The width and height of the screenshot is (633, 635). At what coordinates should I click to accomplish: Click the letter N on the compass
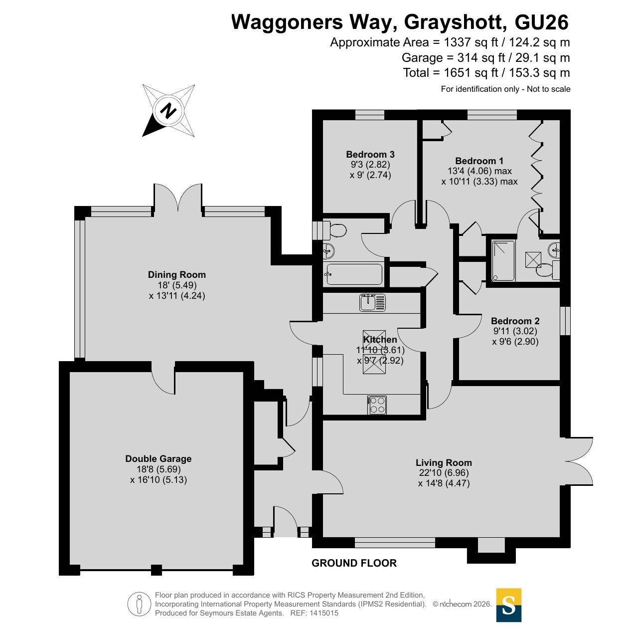(168, 111)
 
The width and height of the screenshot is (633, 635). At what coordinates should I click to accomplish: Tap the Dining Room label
(176, 274)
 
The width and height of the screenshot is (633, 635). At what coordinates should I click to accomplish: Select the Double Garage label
(158, 459)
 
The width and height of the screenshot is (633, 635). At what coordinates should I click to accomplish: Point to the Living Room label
(444, 462)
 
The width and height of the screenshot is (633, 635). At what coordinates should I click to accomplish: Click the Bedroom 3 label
(370, 154)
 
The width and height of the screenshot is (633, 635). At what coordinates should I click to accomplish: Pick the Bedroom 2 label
(515, 321)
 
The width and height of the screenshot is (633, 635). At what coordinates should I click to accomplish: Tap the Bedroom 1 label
(479, 161)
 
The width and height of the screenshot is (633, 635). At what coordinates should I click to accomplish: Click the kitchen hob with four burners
(377, 405)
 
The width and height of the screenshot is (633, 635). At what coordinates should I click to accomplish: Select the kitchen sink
(372, 302)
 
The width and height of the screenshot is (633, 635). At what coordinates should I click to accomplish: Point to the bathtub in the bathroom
(353, 274)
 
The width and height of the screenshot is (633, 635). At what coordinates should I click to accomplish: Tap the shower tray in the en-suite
(503, 261)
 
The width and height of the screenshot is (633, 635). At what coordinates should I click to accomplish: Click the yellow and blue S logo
(508, 605)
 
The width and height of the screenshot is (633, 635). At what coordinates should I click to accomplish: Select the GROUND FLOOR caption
(354, 563)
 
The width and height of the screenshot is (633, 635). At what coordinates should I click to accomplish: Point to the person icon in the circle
(140, 605)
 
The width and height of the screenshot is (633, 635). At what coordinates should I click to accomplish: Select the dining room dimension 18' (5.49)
(177, 285)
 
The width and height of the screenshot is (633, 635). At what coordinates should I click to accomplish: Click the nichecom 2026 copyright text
(462, 604)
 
